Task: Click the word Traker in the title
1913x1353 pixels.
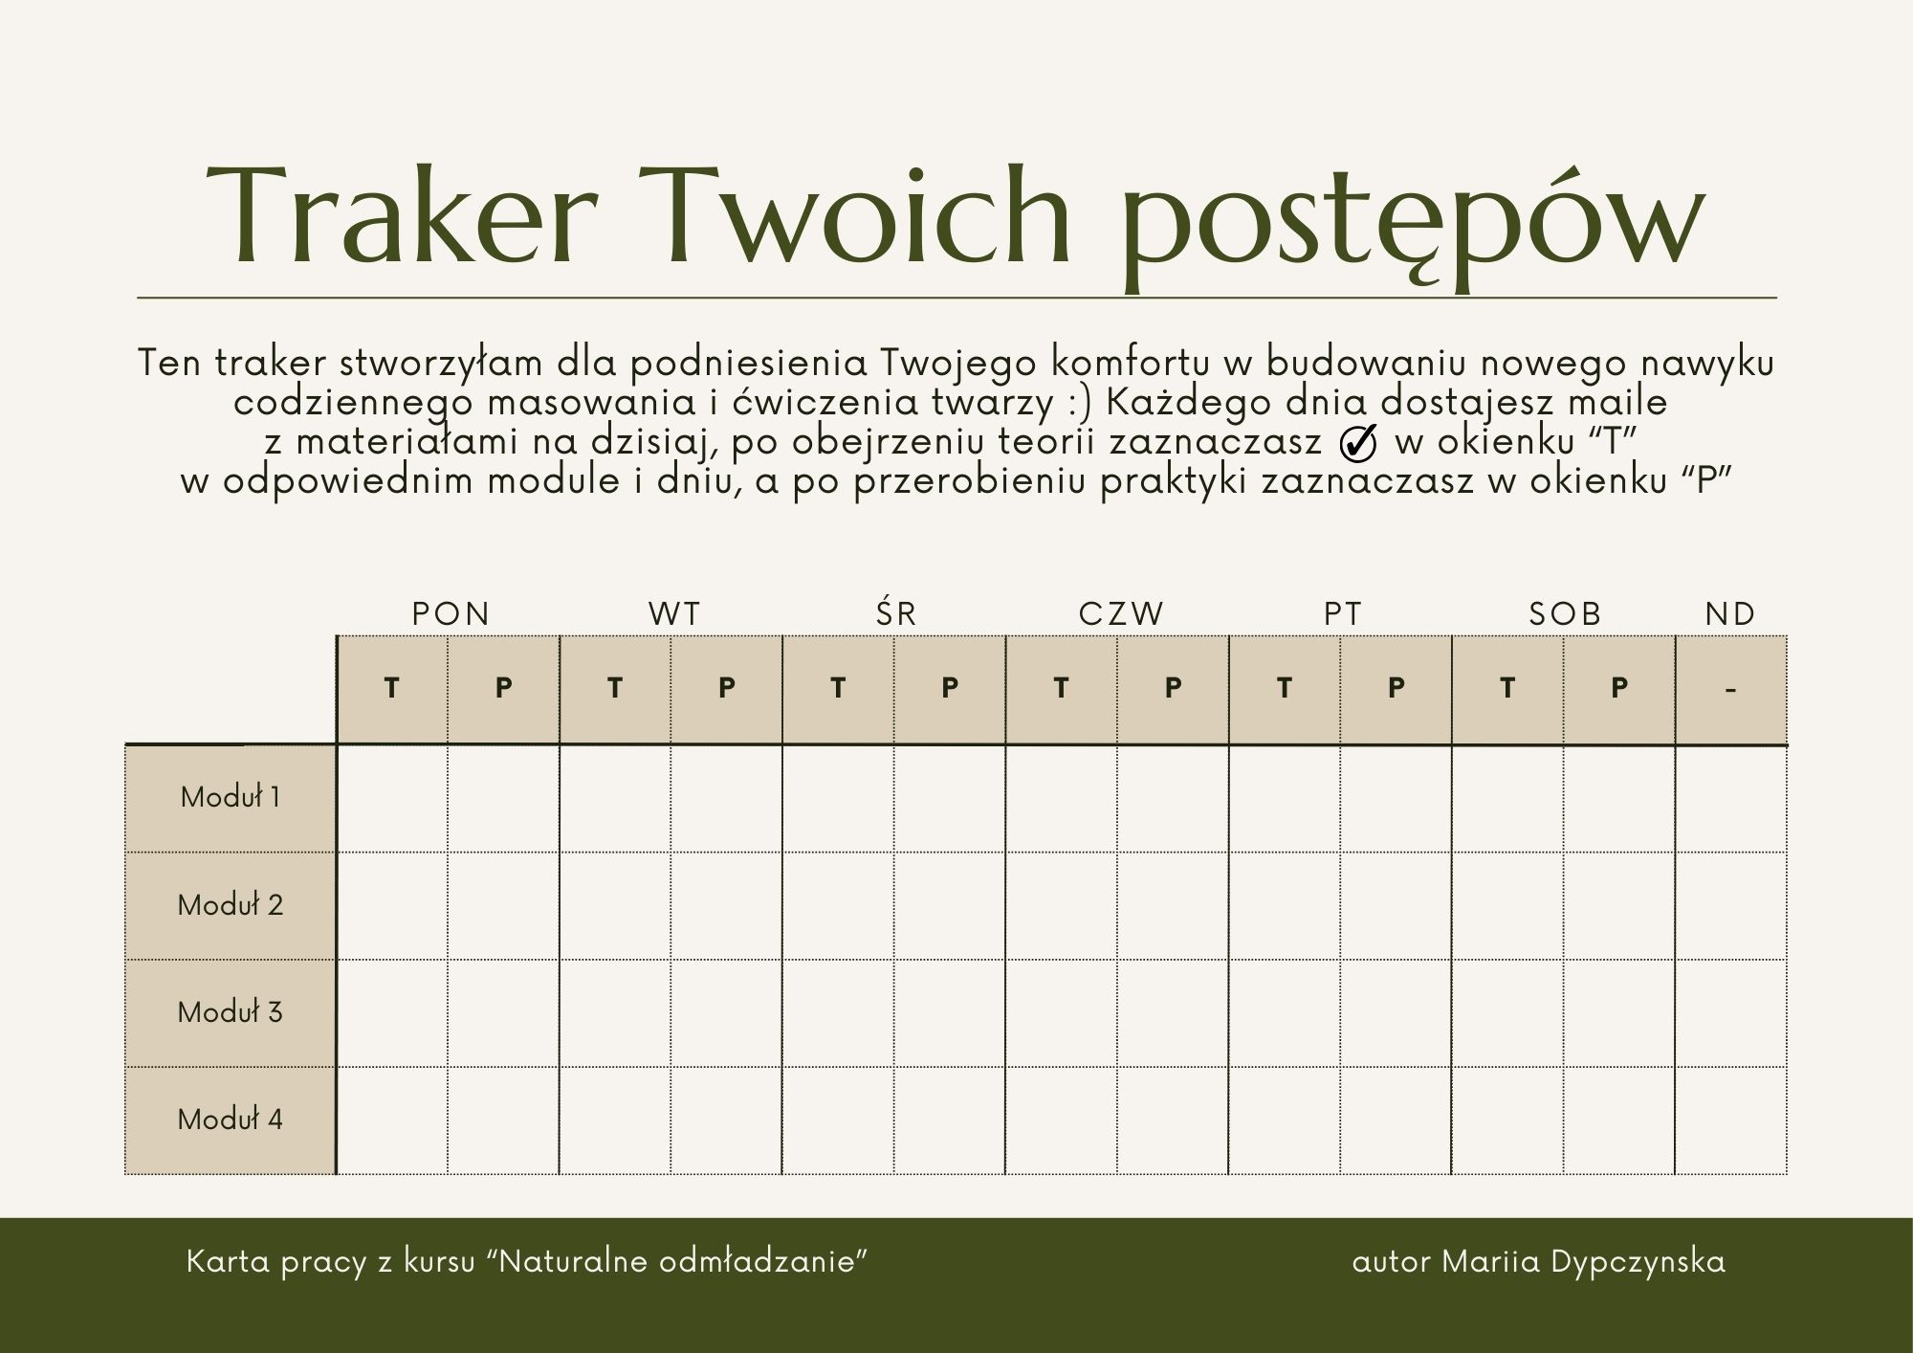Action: (x=403, y=214)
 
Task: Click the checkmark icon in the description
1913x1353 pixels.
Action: (x=1358, y=442)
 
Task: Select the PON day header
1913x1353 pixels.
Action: (x=451, y=613)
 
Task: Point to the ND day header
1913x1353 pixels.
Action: (x=1730, y=613)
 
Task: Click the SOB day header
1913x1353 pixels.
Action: (x=1565, y=613)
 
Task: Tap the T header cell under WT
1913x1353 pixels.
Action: (x=615, y=689)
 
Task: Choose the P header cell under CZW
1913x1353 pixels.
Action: (x=1173, y=689)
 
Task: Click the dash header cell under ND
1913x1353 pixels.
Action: (x=1731, y=689)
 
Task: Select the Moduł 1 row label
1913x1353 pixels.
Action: (x=231, y=797)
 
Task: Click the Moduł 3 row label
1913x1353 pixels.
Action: (x=231, y=1011)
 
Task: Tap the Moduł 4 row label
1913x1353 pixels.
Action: (x=231, y=1119)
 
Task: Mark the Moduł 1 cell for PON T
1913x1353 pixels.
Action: (x=392, y=799)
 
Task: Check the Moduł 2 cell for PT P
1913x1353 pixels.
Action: (x=1396, y=906)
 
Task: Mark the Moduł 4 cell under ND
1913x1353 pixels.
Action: (x=1731, y=1120)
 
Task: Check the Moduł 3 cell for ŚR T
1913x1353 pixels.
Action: (x=838, y=1013)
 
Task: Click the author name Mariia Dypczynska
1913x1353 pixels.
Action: (x=1584, y=1262)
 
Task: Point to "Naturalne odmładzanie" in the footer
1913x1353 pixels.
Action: (x=683, y=1261)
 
